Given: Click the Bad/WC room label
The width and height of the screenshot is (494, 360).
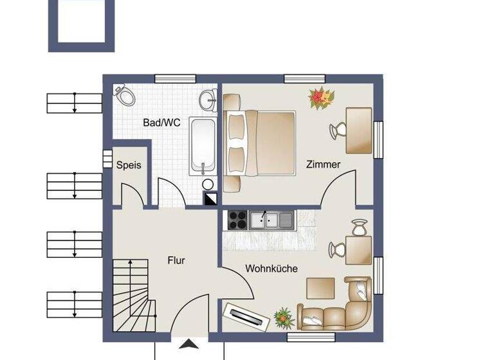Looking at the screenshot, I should tap(161, 122).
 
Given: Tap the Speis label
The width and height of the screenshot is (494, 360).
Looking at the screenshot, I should tap(129, 165).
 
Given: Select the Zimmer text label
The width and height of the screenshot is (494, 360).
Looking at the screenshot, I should tap(323, 165).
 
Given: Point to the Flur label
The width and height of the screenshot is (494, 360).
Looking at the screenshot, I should tap(176, 260).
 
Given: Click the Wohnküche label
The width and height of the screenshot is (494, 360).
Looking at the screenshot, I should tap(271, 269).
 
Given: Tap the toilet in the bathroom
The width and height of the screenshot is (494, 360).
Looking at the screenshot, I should tap(124, 96).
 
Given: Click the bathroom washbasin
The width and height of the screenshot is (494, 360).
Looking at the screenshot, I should tap(207, 100).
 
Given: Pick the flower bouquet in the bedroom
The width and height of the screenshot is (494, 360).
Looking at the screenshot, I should tap(322, 98).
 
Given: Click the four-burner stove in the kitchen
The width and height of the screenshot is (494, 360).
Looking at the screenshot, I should tap(236, 220).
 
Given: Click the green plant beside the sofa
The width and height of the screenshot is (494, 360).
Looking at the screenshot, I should tap(282, 317).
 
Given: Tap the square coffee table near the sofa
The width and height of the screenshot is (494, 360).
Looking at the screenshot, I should tap(319, 287).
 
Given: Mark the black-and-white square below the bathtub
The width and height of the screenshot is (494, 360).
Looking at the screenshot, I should tap(210, 199).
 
